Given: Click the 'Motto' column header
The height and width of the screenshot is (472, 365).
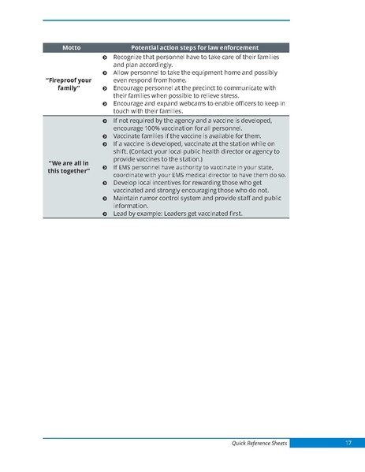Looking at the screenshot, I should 72,48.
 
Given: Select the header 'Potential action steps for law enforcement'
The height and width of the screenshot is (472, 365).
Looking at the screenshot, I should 195,48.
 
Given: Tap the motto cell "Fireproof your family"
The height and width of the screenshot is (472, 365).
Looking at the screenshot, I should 74,84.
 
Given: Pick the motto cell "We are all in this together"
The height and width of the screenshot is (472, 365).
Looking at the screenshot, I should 74,167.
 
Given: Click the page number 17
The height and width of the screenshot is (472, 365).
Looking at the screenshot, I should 348,444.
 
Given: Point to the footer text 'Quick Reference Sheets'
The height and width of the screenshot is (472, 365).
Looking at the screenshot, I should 259,444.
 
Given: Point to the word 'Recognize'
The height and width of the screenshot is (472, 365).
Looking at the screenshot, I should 128,58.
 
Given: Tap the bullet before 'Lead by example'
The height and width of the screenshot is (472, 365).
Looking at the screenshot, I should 105,214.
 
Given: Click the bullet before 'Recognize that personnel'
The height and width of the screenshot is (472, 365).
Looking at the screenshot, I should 105,58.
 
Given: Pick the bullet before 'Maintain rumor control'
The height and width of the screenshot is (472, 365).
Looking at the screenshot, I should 105,199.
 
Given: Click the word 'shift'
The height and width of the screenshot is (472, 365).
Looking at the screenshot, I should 121,152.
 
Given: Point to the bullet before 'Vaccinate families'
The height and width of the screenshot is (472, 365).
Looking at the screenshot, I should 105,136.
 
